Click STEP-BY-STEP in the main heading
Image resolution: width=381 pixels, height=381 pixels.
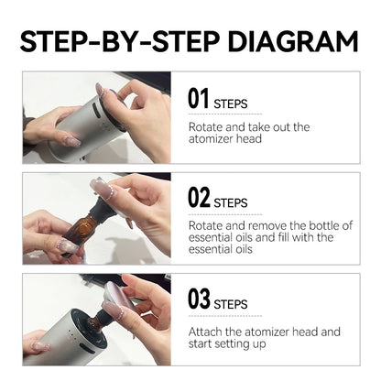tap(110, 40)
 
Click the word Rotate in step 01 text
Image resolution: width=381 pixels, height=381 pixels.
tap(206, 126)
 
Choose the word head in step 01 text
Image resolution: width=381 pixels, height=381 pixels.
tap(250, 139)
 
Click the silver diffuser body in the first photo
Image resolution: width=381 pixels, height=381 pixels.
tap(87, 133)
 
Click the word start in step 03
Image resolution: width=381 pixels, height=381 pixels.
tap(204, 343)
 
